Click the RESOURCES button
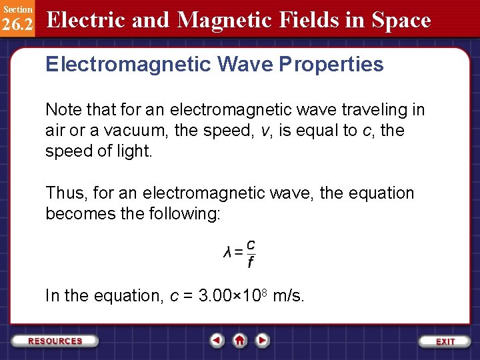tap(55, 341)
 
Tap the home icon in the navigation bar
tap(239, 341)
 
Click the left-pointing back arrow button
tap(217, 341)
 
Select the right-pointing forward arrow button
tap(263, 341)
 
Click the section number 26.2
tap(17, 24)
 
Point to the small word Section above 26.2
tap(17, 9)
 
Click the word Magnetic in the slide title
tap(220, 20)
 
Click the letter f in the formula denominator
tap(250, 263)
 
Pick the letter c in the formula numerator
tap(250, 244)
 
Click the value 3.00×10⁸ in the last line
tap(233, 295)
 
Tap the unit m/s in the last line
tap(289, 295)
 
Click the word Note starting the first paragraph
tap(61, 109)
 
